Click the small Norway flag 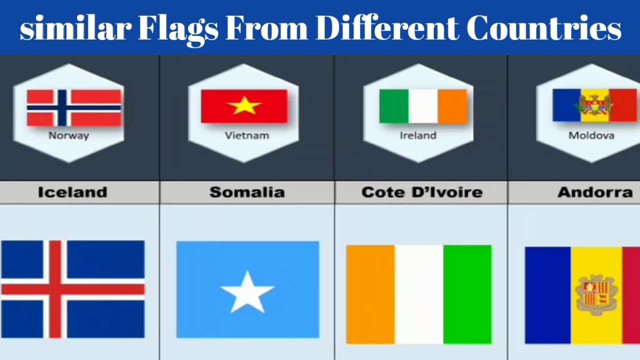(74, 107)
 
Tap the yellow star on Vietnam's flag (244, 105)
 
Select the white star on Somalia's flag (247, 291)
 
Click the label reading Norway (68, 135)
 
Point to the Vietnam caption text (246, 135)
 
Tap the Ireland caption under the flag (418, 135)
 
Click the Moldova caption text (591, 135)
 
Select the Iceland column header (72, 192)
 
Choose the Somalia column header (247, 192)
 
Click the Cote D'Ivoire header (421, 192)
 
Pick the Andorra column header (595, 192)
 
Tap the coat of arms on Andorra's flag (595, 295)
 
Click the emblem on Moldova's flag (595, 105)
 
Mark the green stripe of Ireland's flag (393, 106)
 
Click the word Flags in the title (178, 29)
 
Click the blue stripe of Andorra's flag (547, 295)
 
